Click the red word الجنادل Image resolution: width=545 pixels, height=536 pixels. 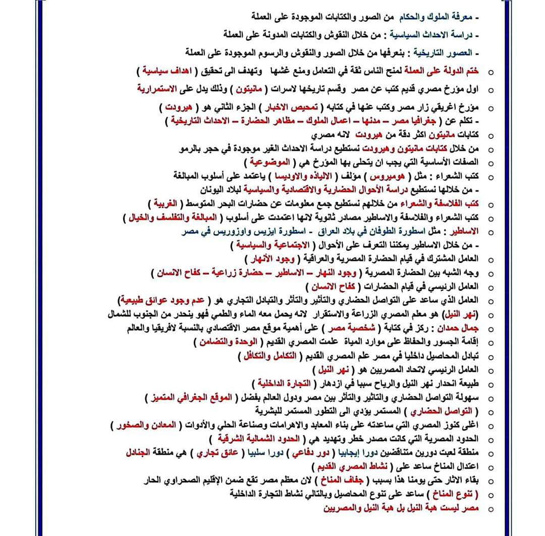[x=140, y=452]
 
